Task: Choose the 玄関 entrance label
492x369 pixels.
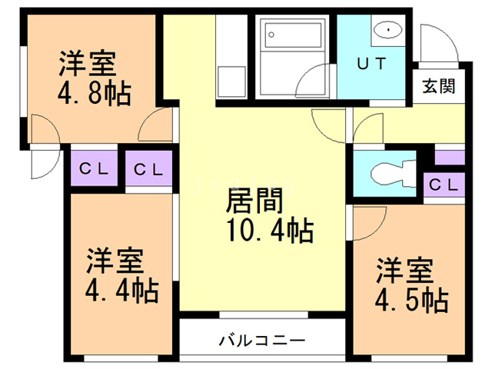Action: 438,85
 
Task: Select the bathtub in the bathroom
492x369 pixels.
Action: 291,35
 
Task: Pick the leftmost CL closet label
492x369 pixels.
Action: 93,168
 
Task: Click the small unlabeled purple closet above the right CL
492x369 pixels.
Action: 449,157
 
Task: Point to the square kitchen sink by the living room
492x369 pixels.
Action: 230,80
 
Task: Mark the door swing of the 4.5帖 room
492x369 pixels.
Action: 367,224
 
